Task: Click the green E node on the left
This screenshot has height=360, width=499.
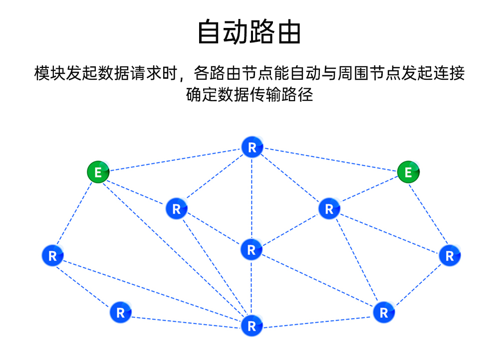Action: pos(98,173)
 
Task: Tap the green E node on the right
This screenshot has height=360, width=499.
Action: pos(409,173)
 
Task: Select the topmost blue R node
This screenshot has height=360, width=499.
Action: pos(252,148)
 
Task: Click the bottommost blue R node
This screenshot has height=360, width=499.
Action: pos(251,326)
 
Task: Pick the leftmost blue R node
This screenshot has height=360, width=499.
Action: pos(52,256)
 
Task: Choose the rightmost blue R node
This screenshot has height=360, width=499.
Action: pos(450,256)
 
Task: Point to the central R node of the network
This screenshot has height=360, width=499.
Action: pos(251,250)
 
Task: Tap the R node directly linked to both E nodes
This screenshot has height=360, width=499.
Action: pos(252,148)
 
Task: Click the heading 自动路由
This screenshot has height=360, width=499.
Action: pos(249,32)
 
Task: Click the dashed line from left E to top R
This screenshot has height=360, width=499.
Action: pos(175,160)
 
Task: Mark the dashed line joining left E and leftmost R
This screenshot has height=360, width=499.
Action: pos(75,214)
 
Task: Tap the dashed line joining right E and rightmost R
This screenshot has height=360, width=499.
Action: pos(429,214)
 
